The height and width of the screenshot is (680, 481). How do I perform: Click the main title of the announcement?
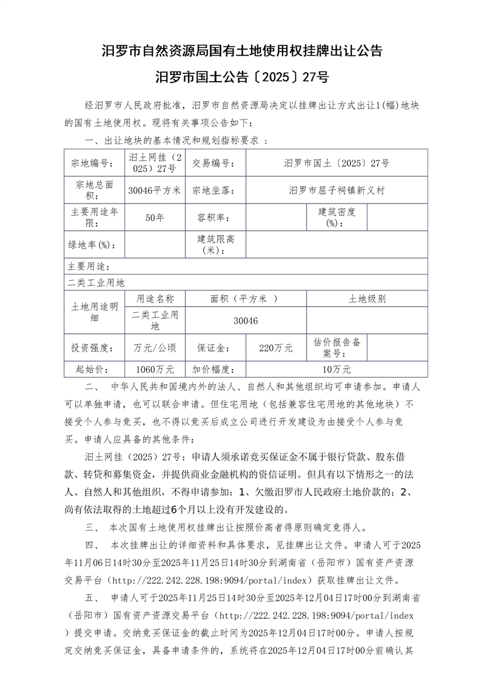click(241, 51)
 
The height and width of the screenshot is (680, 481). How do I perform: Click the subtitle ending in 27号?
click(241, 77)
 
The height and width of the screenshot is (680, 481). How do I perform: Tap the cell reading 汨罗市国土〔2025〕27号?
click(337, 163)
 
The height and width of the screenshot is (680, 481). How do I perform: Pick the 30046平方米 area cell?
click(155, 190)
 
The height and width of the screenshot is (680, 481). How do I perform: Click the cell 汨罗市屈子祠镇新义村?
click(337, 190)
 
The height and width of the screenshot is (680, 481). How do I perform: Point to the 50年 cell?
click(155, 218)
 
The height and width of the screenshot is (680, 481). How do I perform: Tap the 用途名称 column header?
click(155, 299)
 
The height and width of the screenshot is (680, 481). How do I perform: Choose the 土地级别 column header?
click(367, 299)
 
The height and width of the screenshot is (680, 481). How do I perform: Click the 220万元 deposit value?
click(276, 348)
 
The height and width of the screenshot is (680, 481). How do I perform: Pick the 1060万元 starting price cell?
click(155, 368)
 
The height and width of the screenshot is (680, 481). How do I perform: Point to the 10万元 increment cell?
click(337, 368)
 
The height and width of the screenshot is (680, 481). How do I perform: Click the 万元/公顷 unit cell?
click(155, 348)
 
